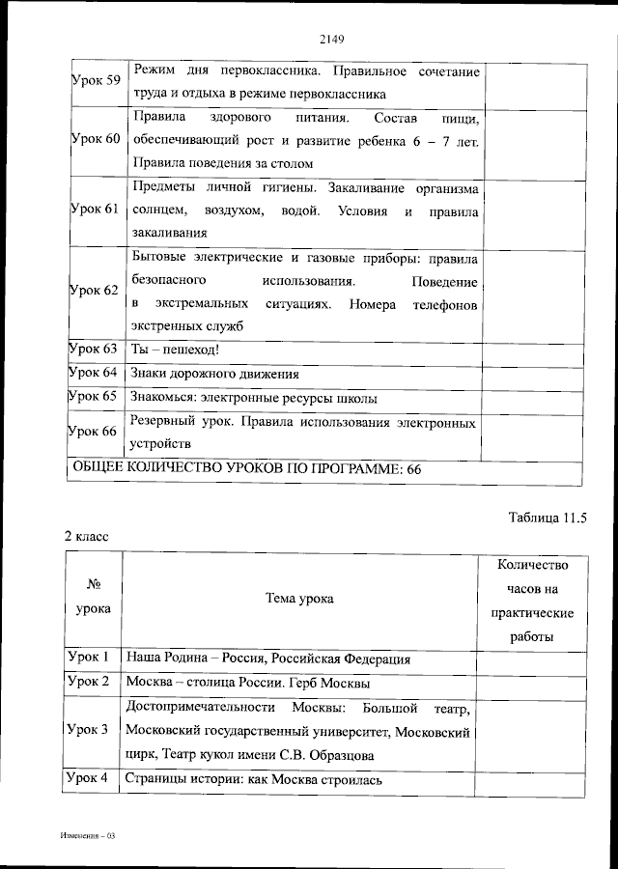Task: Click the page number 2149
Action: point(331,40)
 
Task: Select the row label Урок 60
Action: point(96,139)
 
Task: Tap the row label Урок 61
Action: point(96,210)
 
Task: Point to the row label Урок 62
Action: point(96,290)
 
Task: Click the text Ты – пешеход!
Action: point(175,350)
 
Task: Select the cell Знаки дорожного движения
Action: point(214,374)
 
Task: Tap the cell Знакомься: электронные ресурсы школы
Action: point(254,398)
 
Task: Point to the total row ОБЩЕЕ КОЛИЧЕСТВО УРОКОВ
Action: point(248,469)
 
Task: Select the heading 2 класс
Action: point(88,534)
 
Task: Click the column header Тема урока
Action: point(299,599)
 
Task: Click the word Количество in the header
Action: point(531,565)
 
